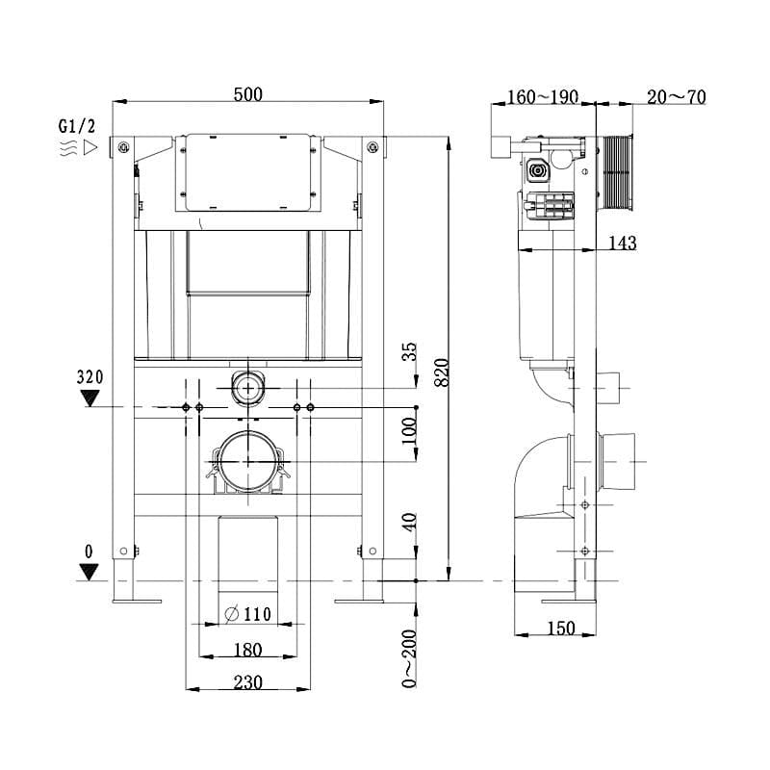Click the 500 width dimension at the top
[x=248, y=93]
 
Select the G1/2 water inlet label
[x=77, y=126]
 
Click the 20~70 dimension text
[x=677, y=96]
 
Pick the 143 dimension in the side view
[x=622, y=244]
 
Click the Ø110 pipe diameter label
[x=248, y=614]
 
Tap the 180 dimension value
[x=247, y=650]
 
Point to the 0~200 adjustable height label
[x=409, y=659]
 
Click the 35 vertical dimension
[x=409, y=352]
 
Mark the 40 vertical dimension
[x=409, y=524]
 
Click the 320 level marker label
[x=90, y=376]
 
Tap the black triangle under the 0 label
[x=90, y=572]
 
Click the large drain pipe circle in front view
[x=248, y=462]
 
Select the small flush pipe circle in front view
[x=248, y=389]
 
